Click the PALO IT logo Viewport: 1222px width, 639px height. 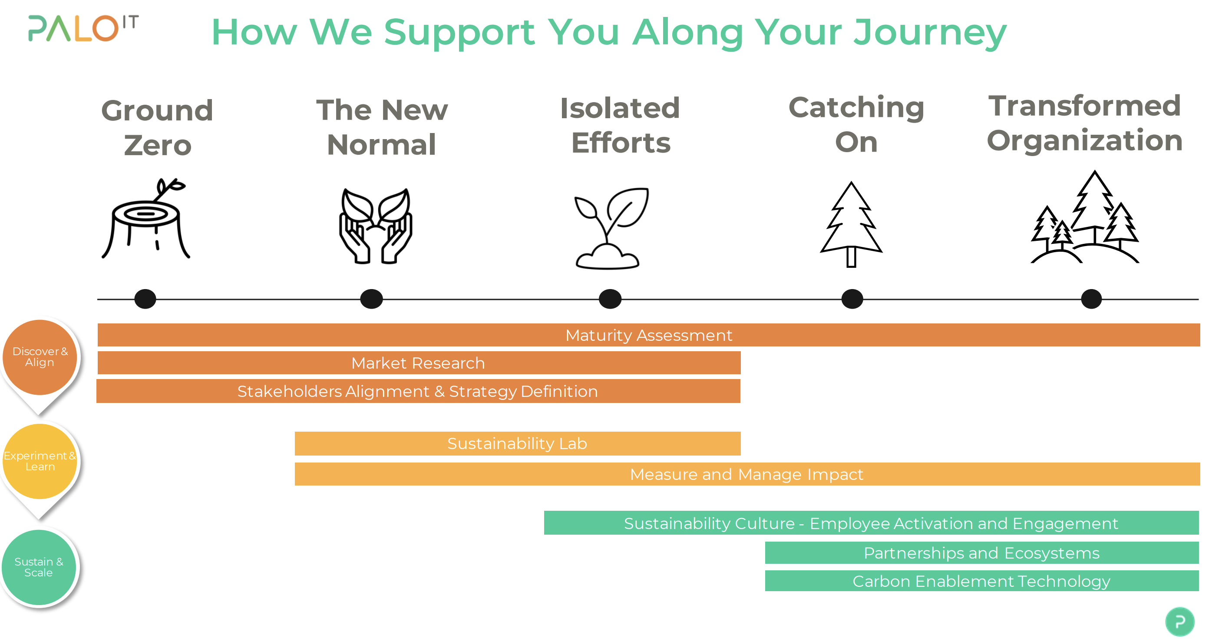pyautogui.click(x=83, y=29)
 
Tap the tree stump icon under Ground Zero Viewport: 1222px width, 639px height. pyautogui.click(x=146, y=220)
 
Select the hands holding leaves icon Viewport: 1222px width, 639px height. pyautogui.click(x=376, y=226)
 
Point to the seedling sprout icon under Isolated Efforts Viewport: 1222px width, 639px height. pyautogui.click(x=610, y=228)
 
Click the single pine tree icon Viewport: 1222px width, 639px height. pyautogui.click(x=852, y=224)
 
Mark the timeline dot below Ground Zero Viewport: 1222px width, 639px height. pyautogui.click(x=145, y=299)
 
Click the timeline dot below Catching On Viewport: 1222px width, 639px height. pyautogui.click(x=852, y=299)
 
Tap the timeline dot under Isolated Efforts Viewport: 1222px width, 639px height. pyautogui.click(x=610, y=299)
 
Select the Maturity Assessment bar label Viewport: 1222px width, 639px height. pyautogui.click(x=648, y=335)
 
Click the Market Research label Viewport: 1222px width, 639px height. pyautogui.click(x=418, y=363)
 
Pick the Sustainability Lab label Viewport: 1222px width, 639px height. pyautogui.click(x=517, y=443)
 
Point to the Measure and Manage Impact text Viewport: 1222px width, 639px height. pyautogui.click(x=746, y=474)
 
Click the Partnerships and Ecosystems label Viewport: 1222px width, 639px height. pyautogui.click(x=981, y=553)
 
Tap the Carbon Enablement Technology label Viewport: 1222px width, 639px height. pyautogui.click(x=981, y=581)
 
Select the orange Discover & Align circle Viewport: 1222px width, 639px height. pyautogui.click(x=40, y=357)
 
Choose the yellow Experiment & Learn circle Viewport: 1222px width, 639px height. pyautogui.click(x=40, y=461)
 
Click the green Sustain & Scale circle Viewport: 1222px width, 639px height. pyautogui.click(x=39, y=567)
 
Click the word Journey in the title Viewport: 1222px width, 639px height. pyautogui.click(x=930, y=33)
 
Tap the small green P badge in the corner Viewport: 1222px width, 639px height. pyautogui.click(x=1179, y=622)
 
